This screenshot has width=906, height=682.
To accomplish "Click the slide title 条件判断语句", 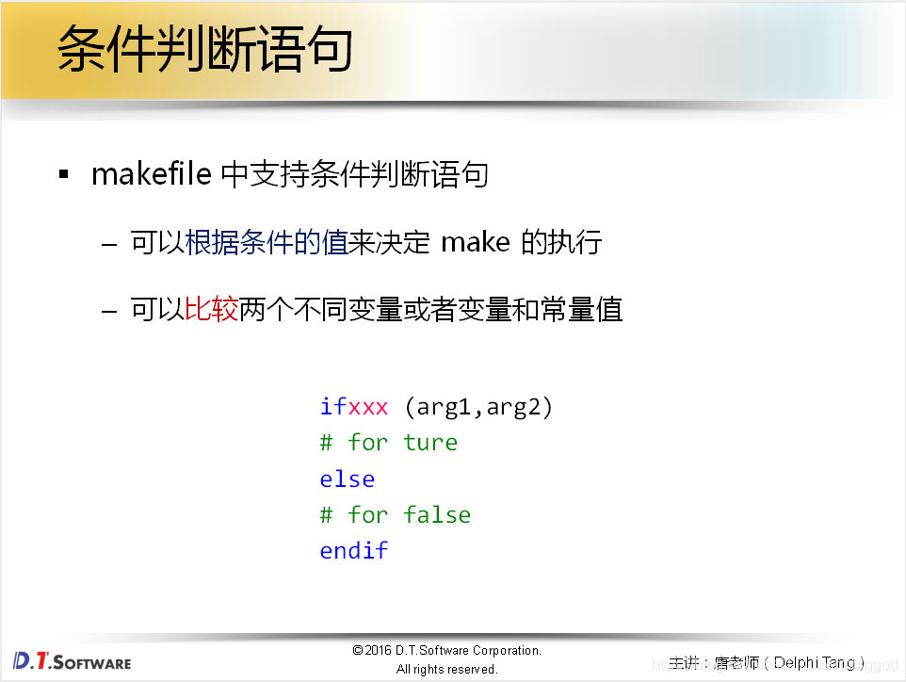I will click(x=204, y=49).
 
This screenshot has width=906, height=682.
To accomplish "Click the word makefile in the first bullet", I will click(x=151, y=174).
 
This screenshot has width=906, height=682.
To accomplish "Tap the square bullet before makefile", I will click(x=64, y=175).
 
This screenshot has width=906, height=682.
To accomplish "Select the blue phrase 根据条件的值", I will click(x=267, y=242).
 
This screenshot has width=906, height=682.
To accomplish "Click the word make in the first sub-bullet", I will click(x=476, y=242).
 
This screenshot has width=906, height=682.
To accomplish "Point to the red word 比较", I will click(x=212, y=309).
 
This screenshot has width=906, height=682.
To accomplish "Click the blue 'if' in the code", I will click(x=333, y=407).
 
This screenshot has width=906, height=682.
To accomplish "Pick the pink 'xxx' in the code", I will click(x=368, y=407).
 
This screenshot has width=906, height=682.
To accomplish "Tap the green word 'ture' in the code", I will click(x=430, y=443).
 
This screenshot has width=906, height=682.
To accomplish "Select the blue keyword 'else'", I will click(x=348, y=479).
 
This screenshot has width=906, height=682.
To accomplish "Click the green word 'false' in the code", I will click(x=437, y=514).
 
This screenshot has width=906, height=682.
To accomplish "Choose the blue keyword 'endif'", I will click(x=354, y=551).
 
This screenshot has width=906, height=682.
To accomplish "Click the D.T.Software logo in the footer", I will click(x=73, y=660).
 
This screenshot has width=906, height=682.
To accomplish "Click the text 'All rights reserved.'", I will click(x=446, y=670).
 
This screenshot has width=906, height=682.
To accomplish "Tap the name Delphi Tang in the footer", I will click(x=815, y=663).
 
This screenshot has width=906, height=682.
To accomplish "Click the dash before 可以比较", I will click(x=110, y=310).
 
